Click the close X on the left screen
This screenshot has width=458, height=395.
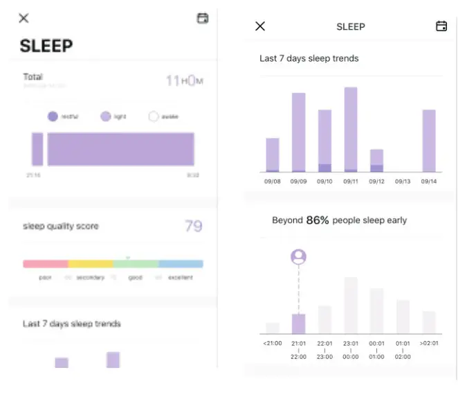[x=24, y=19]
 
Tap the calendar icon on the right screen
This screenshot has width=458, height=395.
[x=441, y=26]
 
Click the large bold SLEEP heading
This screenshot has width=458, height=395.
[x=46, y=46]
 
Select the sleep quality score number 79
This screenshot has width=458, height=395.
[x=194, y=226]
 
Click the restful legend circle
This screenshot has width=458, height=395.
[x=53, y=117]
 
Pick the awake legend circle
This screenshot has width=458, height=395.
[x=154, y=117]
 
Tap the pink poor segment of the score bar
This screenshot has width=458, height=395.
[x=46, y=264]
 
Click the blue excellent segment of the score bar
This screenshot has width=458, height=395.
[x=181, y=264]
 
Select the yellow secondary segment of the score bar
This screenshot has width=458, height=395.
[x=91, y=264]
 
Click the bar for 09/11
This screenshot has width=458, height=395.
[x=351, y=130]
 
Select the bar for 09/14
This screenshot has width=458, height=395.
[x=429, y=141]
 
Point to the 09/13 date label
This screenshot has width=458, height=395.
[x=403, y=182]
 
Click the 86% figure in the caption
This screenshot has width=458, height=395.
[x=318, y=220]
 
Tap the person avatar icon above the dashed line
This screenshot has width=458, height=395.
[x=298, y=257]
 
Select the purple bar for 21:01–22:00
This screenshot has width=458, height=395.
[x=298, y=324]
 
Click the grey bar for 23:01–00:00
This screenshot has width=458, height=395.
[x=351, y=306]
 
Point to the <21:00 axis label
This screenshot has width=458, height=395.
[x=273, y=342]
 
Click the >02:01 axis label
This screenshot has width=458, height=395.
[x=429, y=342]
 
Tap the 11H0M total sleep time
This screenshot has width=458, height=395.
[x=184, y=81]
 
